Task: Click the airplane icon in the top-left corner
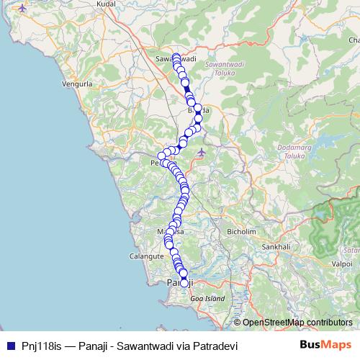tap(22, 8)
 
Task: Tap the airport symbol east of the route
tap(202, 151)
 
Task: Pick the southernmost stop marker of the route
tap(184, 283)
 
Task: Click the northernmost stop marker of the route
tap(176, 56)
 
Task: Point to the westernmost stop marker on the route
tap(162, 156)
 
